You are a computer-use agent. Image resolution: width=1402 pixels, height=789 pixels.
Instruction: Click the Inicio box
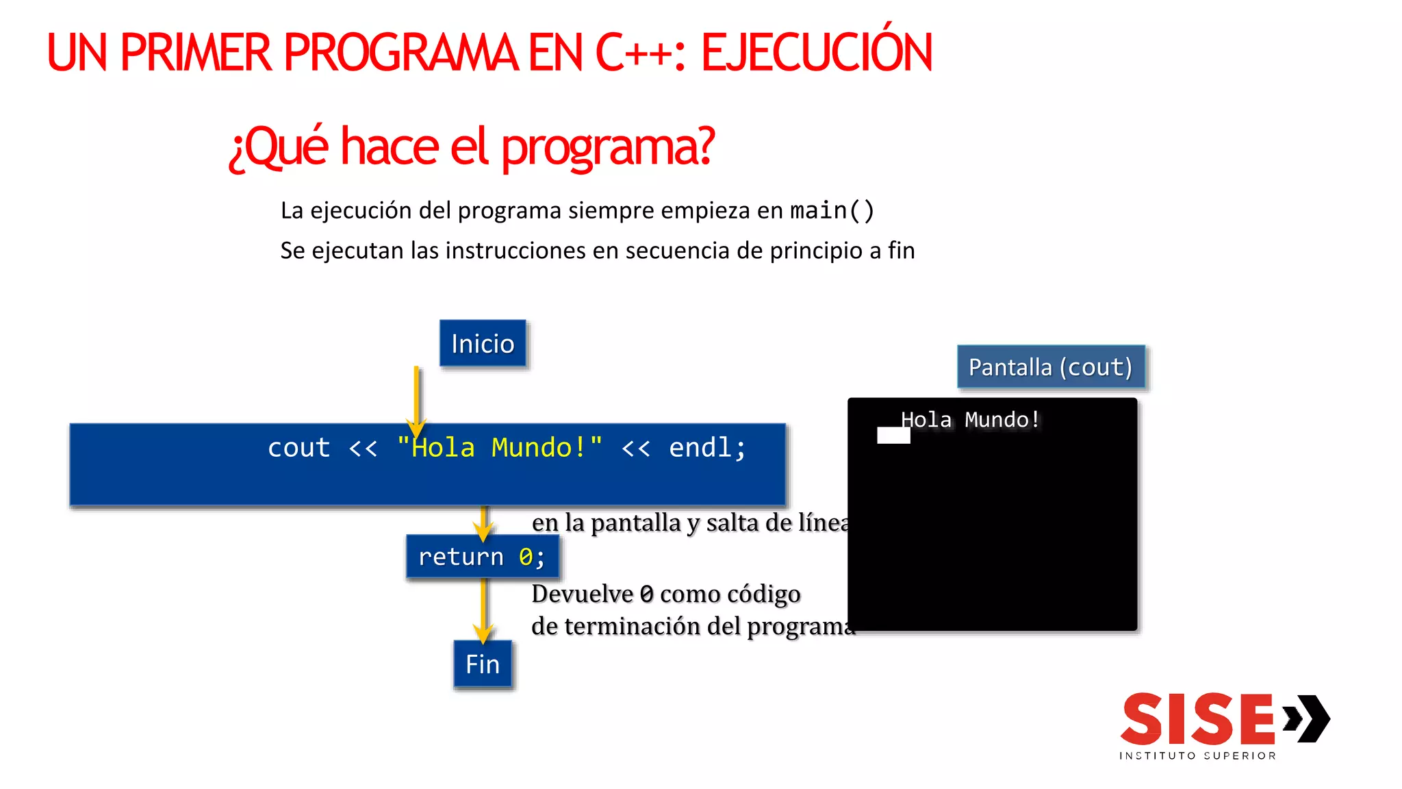point(483,343)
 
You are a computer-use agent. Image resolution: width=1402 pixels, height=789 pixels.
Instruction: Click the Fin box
point(483,664)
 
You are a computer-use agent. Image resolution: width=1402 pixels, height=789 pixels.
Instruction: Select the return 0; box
point(482,557)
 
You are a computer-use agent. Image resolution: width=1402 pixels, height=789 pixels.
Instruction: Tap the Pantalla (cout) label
point(1050,367)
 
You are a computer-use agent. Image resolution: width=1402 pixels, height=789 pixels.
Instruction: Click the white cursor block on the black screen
point(893,436)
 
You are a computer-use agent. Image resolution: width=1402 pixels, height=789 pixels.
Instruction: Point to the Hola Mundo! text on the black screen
point(970,419)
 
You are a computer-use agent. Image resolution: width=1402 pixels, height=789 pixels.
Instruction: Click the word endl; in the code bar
point(706,448)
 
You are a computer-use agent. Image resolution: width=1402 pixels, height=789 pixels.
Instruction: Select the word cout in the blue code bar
point(299,448)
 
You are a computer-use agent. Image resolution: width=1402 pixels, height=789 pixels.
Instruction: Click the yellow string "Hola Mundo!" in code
point(500,448)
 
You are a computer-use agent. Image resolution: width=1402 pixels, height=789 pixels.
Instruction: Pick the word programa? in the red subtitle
point(608,147)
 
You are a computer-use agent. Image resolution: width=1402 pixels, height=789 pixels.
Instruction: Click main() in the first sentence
point(832,210)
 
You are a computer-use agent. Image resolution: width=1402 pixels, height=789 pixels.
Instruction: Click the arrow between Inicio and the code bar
point(416,397)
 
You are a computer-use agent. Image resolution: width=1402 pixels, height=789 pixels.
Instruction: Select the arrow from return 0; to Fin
point(483,610)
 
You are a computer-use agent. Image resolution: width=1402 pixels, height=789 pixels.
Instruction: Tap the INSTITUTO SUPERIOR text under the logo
point(1198,755)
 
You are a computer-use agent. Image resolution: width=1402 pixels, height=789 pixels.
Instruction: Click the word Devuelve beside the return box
point(582,594)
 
